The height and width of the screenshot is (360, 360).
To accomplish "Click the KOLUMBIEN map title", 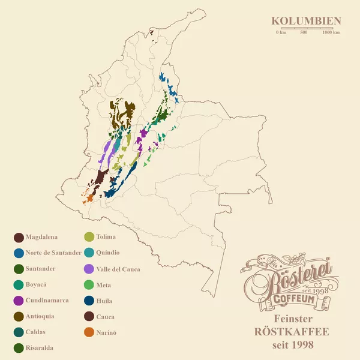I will coord(306,21).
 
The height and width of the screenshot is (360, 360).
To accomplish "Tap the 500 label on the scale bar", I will coord(304,32).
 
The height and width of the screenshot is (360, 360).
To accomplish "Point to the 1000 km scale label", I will coord(331,32).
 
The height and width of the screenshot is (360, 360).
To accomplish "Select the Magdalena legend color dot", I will coord(19,237).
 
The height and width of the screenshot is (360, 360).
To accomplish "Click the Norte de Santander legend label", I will coord(53,253).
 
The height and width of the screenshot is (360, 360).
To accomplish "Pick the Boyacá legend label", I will coord(36,284).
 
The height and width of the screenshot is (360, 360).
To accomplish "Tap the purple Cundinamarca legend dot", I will coord(19,300).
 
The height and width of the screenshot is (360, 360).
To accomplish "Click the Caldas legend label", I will coord(35,332).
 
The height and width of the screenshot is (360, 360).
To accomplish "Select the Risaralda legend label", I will coord(39,347).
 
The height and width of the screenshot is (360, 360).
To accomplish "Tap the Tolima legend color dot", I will coord(89,237).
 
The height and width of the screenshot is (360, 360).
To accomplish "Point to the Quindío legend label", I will coord(107,253).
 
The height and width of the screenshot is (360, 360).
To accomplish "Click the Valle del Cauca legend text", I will coord(118,269).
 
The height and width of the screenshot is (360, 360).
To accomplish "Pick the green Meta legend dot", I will coord(89,284).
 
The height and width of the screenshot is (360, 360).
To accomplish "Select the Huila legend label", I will coord(104,301).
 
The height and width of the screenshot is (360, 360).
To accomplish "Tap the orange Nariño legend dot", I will coord(89,332).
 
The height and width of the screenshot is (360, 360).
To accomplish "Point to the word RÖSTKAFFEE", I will coord(293,331).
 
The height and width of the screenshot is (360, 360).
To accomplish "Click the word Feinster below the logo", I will coord(293,318).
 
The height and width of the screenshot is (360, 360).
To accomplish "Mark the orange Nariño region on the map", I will coord(89,197).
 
